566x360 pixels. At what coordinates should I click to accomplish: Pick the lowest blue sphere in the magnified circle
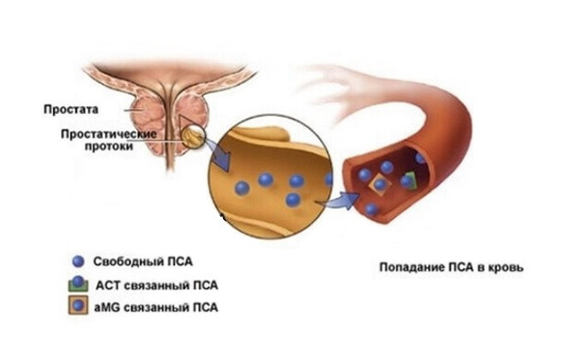(x=293, y=201)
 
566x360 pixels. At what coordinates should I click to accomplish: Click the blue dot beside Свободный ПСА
(x=80, y=262)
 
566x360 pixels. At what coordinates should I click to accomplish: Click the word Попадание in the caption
(x=409, y=267)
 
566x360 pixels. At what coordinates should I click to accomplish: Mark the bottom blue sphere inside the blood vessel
(x=371, y=210)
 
